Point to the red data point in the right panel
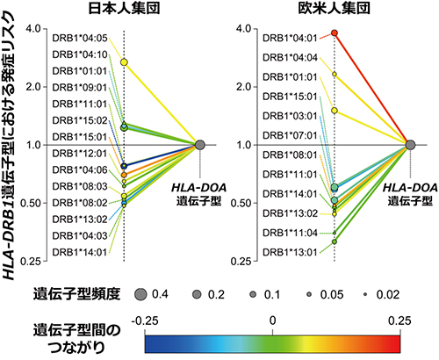[335, 33]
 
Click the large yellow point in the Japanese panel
[125, 62]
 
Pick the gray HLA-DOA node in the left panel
[200, 144]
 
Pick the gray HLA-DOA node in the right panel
[409, 144]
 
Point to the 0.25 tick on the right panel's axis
[244, 261]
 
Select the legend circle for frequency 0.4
[139, 292]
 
